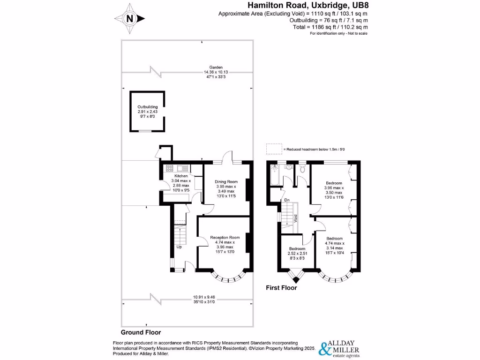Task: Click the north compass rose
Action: click(130, 19)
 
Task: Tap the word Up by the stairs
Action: click(179, 247)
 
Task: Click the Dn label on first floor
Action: click(287, 200)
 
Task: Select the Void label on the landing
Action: click(296, 218)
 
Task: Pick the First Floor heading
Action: click(281, 288)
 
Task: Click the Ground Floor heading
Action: click(141, 332)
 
